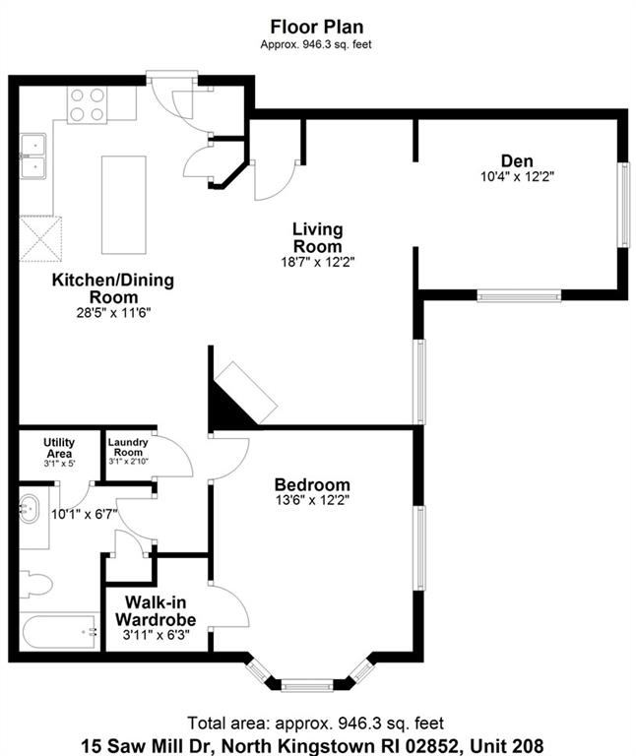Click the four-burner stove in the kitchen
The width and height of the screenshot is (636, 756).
(88, 104)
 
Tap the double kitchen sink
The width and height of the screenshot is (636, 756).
(32, 157)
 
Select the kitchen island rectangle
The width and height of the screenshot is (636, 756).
(123, 205)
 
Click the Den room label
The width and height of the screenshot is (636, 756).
(517, 160)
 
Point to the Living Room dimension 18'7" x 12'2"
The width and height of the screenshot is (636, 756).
(318, 262)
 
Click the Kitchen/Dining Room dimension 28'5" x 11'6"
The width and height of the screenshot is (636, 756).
(114, 313)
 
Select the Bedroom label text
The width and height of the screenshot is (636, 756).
(312, 484)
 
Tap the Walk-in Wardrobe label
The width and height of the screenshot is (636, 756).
(156, 611)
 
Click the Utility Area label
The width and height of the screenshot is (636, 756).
(59, 448)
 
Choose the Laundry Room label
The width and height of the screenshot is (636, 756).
(128, 447)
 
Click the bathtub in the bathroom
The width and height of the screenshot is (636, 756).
(59, 632)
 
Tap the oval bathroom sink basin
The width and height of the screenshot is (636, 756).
(30, 508)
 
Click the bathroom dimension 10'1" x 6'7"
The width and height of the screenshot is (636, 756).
(85, 515)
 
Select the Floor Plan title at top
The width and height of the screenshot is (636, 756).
(317, 27)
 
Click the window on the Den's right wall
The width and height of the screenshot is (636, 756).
(624, 205)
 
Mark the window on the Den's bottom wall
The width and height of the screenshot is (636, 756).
(519, 295)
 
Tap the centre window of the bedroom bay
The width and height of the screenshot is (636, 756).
(307, 685)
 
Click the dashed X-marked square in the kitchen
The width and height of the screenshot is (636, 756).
(40, 238)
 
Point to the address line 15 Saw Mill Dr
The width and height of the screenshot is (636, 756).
(312, 745)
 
